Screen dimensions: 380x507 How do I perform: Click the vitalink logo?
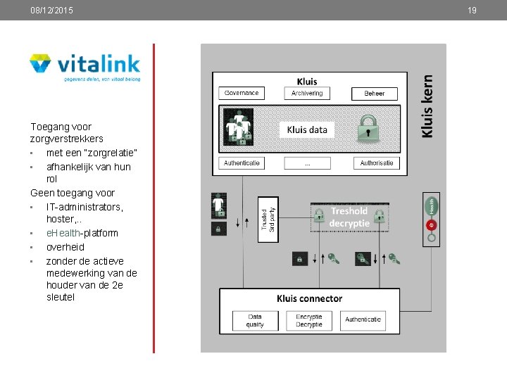[84, 68]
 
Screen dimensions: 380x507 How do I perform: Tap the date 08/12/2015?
[51, 11]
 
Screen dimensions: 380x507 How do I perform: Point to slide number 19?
[472, 11]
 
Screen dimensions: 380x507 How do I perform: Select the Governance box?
[242, 93]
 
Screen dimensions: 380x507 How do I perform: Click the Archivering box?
[307, 93]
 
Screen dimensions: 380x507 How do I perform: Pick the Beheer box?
[375, 94]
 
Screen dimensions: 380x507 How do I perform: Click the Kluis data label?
[307, 129]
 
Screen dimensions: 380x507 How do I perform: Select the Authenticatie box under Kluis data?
[242, 163]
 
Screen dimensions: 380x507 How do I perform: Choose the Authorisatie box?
[376, 163]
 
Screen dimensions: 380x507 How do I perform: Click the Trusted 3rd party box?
[268, 219]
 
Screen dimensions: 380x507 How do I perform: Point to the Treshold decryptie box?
[349, 217]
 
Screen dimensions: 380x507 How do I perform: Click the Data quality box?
[255, 321]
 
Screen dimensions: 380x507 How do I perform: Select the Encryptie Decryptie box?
[308, 321]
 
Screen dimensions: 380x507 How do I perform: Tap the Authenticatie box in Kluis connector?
[363, 320]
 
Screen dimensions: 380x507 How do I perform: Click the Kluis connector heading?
[309, 298]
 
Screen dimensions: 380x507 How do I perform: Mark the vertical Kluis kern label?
[427, 107]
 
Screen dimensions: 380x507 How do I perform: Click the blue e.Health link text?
[62, 233]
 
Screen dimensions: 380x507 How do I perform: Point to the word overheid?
[65, 247]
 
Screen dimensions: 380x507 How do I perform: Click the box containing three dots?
[307, 163]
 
